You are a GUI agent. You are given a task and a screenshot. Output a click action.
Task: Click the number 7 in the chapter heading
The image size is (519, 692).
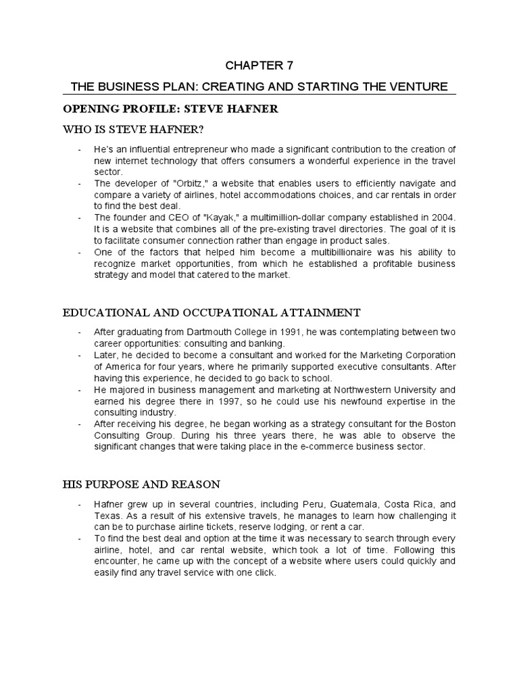291,66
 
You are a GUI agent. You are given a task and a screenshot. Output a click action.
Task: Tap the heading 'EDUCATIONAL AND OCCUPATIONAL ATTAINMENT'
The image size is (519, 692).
212,312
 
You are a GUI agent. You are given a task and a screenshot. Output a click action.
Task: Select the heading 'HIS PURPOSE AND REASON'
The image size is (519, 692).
141,485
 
